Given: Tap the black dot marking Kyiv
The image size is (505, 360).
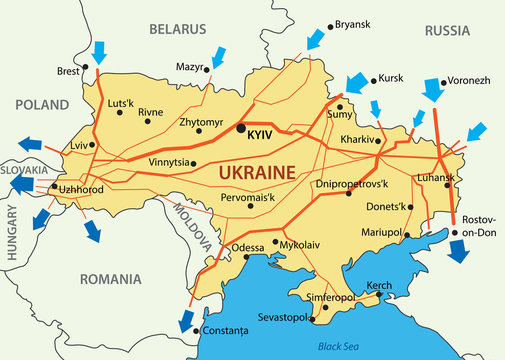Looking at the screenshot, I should (240, 129).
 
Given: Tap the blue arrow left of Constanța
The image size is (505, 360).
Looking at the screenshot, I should (185, 320).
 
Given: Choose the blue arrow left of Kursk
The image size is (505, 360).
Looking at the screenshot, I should (357, 83).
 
